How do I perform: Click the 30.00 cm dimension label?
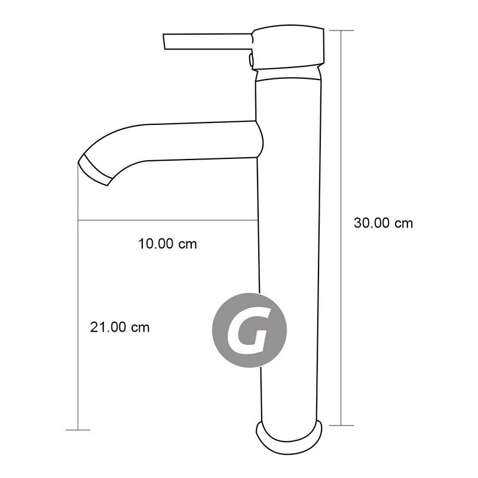[x=384, y=223]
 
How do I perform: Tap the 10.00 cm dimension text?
[x=167, y=244]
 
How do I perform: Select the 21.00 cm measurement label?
[x=119, y=327]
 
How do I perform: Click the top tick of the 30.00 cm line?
[x=342, y=30]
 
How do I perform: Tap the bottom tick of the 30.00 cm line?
[x=342, y=425]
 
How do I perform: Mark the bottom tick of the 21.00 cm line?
[x=78, y=430]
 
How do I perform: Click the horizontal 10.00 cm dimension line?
[x=167, y=220]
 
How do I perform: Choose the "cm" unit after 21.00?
[x=140, y=327]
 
